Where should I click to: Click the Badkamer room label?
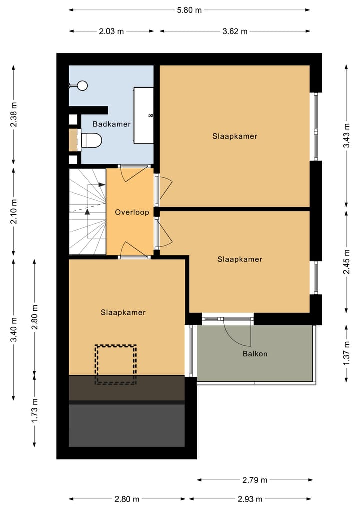click(x=112, y=124)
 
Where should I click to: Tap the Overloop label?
click(x=132, y=212)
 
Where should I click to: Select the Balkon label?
click(x=255, y=354)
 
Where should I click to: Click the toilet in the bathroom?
click(x=92, y=140)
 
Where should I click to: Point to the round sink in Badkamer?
click(x=82, y=86)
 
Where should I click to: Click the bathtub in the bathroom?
click(x=143, y=115)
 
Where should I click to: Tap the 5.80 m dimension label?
click(x=189, y=10)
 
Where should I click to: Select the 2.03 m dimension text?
click(x=111, y=31)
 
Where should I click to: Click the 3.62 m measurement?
click(x=235, y=31)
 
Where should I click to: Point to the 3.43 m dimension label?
click(x=346, y=136)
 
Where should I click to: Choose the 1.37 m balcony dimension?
click(x=346, y=353)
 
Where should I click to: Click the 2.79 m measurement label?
click(x=255, y=480)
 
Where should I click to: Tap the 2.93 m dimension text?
click(x=250, y=499)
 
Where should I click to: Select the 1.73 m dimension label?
click(x=34, y=410)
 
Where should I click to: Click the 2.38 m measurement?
click(x=13, y=115)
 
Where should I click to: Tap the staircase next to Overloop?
click(x=88, y=212)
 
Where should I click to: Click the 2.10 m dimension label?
click(x=13, y=212)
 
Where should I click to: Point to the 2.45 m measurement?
click(x=346, y=262)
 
